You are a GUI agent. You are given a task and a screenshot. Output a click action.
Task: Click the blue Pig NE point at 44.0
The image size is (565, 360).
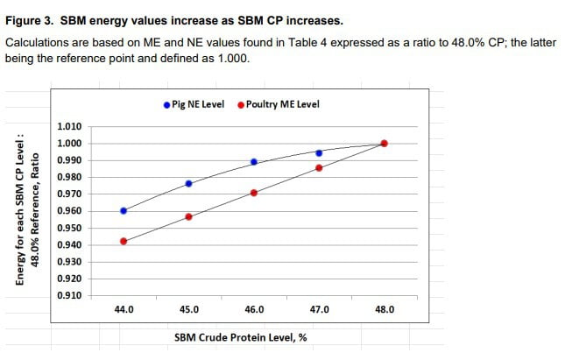click(124, 210)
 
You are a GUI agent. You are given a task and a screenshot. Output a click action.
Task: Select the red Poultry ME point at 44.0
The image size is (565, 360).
click(124, 241)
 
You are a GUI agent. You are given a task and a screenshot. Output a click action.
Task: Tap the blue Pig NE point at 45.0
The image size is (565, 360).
click(189, 183)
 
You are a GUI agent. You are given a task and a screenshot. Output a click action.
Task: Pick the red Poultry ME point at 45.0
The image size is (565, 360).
click(189, 216)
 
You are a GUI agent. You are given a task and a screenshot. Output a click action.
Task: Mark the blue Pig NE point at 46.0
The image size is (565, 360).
click(254, 162)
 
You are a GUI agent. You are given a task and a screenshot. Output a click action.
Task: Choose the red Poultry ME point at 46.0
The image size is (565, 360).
click(254, 193)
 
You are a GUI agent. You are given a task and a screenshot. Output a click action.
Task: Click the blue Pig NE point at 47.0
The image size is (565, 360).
click(319, 152)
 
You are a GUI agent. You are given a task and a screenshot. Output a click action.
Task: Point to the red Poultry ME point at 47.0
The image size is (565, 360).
click(319, 167)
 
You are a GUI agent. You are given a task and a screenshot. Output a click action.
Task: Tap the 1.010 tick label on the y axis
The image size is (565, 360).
click(69, 127)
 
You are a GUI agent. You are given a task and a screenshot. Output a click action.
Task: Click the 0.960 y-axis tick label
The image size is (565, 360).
click(69, 211)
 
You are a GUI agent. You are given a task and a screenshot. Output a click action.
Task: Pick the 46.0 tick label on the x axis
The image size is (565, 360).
click(254, 309)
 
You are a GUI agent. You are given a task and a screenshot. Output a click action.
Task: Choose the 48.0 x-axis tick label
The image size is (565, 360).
click(385, 309)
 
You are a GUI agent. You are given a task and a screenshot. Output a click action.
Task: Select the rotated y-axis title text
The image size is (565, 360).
click(27, 208)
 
